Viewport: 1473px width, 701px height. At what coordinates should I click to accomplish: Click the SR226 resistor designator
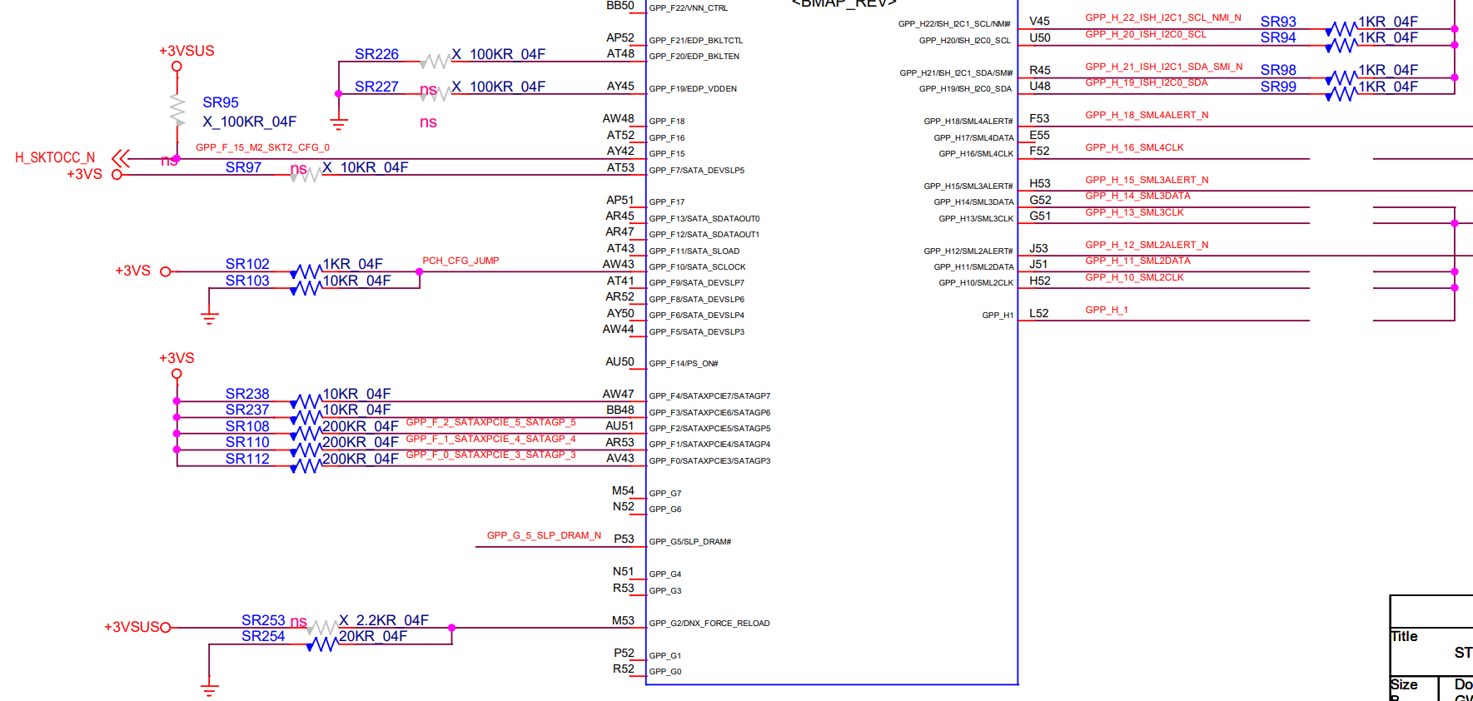pyautogui.click(x=376, y=54)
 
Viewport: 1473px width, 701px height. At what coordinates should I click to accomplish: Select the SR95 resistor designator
pyautogui.click(x=221, y=102)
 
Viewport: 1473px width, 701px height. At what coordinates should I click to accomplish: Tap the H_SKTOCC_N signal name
pyautogui.click(x=55, y=157)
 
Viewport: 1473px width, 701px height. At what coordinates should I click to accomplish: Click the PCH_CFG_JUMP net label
pyautogui.click(x=460, y=261)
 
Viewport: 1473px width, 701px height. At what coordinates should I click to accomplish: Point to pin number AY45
pyautogui.click(x=620, y=86)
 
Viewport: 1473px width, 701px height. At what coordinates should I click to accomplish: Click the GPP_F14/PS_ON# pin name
pyautogui.click(x=684, y=364)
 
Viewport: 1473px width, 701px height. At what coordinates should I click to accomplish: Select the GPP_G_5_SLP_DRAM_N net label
pyautogui.click(x=544, y=535)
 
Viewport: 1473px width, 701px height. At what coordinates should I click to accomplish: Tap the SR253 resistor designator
pyautogui.click(x=263, y=620)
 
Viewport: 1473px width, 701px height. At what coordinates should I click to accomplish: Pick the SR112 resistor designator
pyautogui.click(x=247, y=459)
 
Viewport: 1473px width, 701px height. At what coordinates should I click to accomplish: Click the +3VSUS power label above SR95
pyautogui.click(x=187, y=51)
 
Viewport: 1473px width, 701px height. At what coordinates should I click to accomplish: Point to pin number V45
pyautogui.click(x=1039, y=21)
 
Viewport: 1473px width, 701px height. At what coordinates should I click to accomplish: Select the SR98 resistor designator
pyautogui.click(x=1278, y=70)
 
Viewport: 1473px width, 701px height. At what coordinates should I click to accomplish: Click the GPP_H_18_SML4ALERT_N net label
pyautogui.click(x=1147, y=115)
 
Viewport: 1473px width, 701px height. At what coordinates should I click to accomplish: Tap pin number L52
pyautogui.click(x=1039, y=313)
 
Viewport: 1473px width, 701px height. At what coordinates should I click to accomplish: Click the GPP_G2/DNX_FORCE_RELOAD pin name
pyautogui.click(x=709, y=624)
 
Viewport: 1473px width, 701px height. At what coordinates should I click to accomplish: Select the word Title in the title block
pyautogui.click(x=1404, y=636)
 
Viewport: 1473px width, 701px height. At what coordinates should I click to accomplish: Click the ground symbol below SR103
pyautogui.click(x=209, y=317)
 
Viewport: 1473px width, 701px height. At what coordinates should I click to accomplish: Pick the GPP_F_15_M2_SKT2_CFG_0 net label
pyautogui.click(x=262, y=147)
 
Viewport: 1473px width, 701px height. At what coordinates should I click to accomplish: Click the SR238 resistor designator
pyautogui.click(x=247, y=394)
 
